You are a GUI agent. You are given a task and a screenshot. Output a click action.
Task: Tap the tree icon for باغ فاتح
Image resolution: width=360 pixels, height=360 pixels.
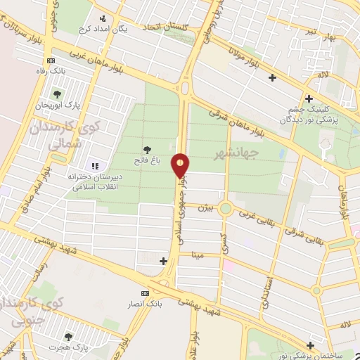click(x=147, y=149)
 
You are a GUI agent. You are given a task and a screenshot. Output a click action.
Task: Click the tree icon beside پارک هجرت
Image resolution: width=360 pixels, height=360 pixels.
click(x=68, y=337)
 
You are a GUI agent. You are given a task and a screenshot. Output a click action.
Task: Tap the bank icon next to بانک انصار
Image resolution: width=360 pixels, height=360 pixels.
click(x=146, y=292)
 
